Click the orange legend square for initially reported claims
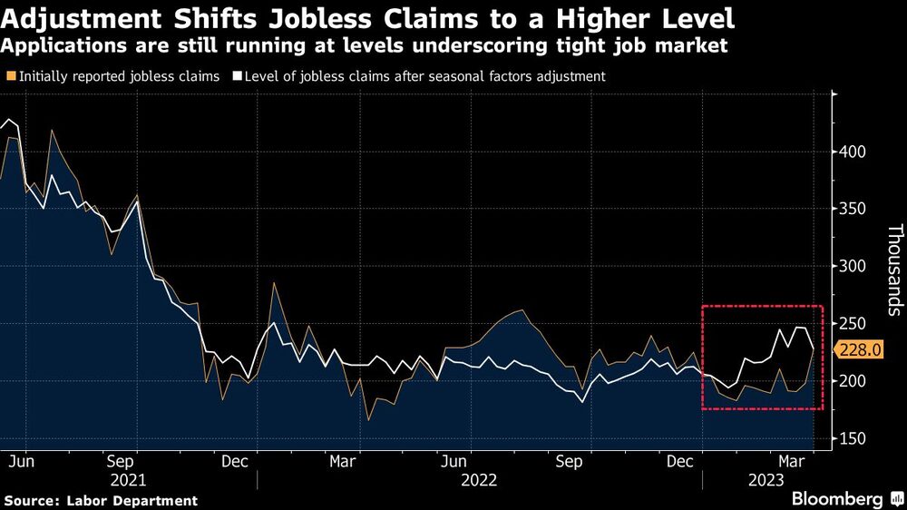tap(11, 77)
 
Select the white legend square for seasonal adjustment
tap(238, 77)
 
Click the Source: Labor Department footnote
tap(101, 500)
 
